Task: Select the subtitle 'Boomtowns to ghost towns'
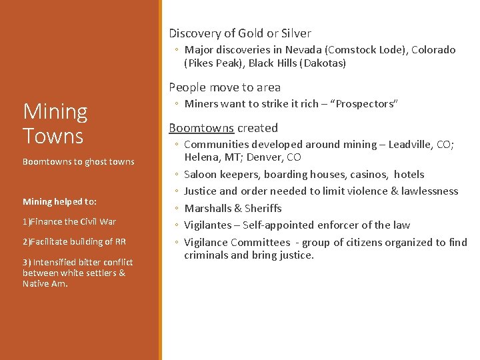click(78, 161)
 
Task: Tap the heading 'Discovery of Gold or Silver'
click(239, 33)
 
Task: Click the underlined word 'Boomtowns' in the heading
click(201, 128)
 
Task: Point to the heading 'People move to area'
click(225, 87)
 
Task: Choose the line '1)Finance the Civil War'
click(69, 221)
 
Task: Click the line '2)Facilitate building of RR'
click(74, 241)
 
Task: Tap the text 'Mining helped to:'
click(59, 201)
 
